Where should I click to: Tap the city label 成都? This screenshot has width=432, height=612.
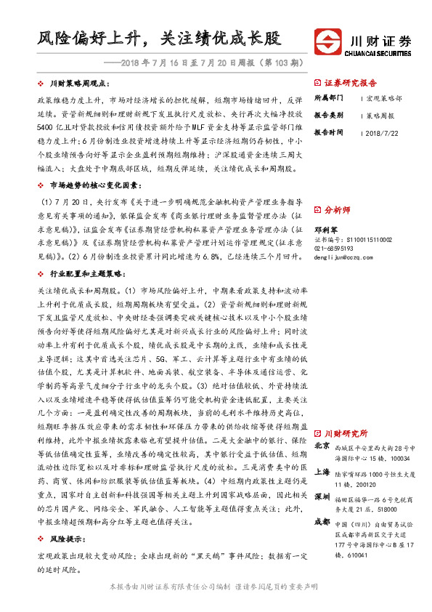tap(322, 523)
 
